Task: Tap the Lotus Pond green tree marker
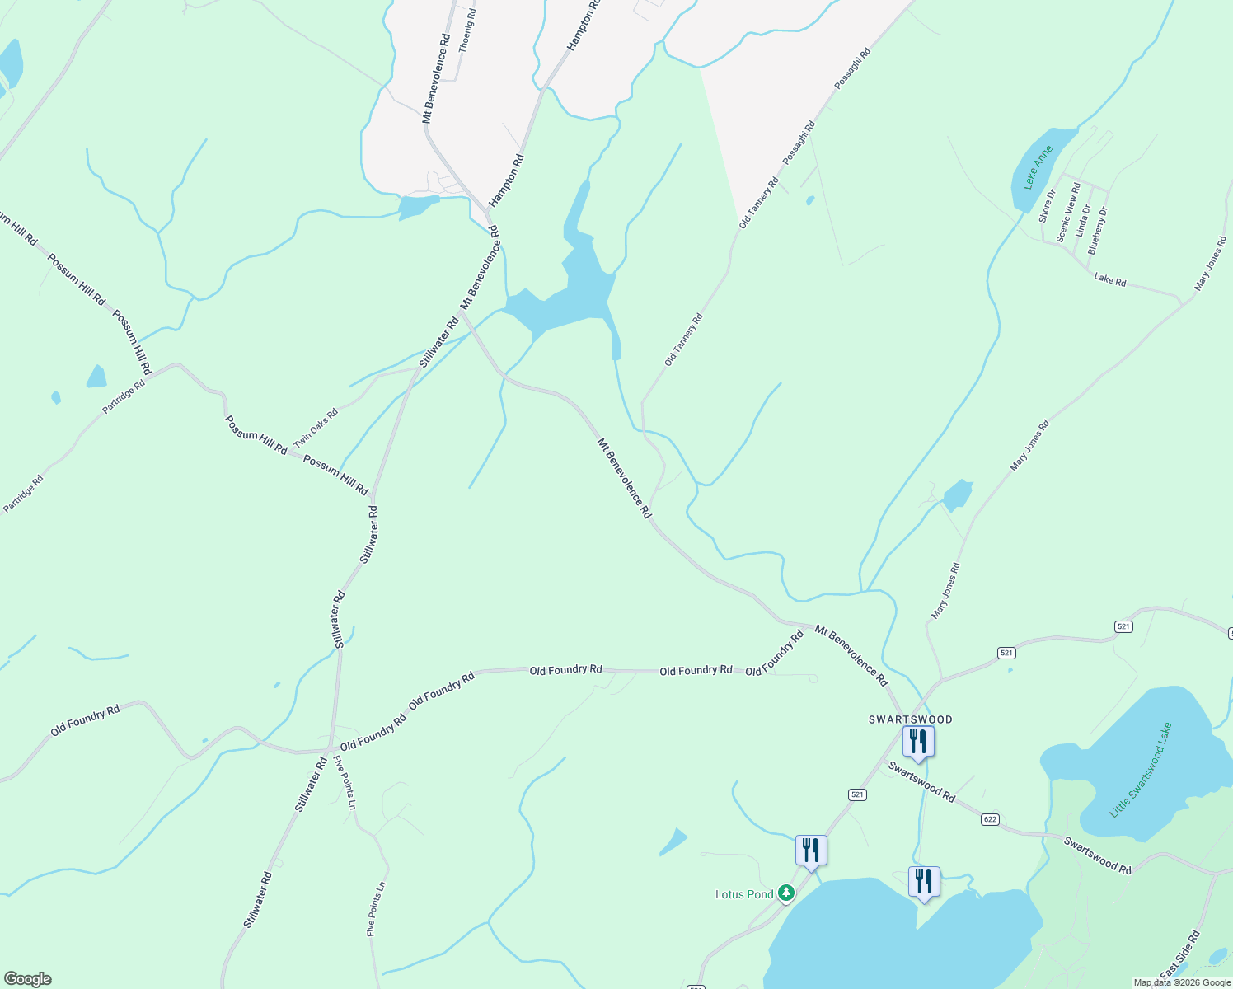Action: click(786, 893)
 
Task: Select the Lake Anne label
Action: click(1038, 168)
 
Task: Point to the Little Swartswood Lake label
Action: click(1141, 770)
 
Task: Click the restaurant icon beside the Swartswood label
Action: click(917, 741)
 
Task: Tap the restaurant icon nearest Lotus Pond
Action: click(811, 850)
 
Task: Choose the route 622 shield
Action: click(990, 819)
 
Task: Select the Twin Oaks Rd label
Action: click(316, 429)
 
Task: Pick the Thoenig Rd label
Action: click(467, 30)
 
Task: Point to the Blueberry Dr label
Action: click(1098, 229)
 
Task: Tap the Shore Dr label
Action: click(1047, 206)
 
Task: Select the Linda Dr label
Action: click(1083, 221)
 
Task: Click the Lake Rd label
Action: click(1109, 279)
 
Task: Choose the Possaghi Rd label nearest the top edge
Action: click(852, 68)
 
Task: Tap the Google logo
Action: click(26, 979)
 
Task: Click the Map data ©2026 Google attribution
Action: click(1182, 982)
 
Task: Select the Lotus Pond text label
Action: click(744, 894)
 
